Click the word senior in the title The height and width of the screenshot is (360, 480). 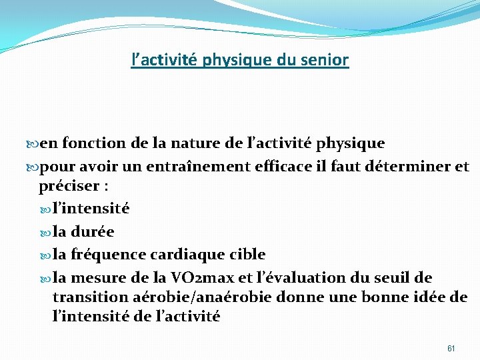pyautogui.click(x=327, y=61)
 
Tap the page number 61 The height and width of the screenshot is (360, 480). pyautogui.click(x=451, y=348)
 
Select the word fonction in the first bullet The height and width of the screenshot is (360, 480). pyautogui.click(x=90, y=143)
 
